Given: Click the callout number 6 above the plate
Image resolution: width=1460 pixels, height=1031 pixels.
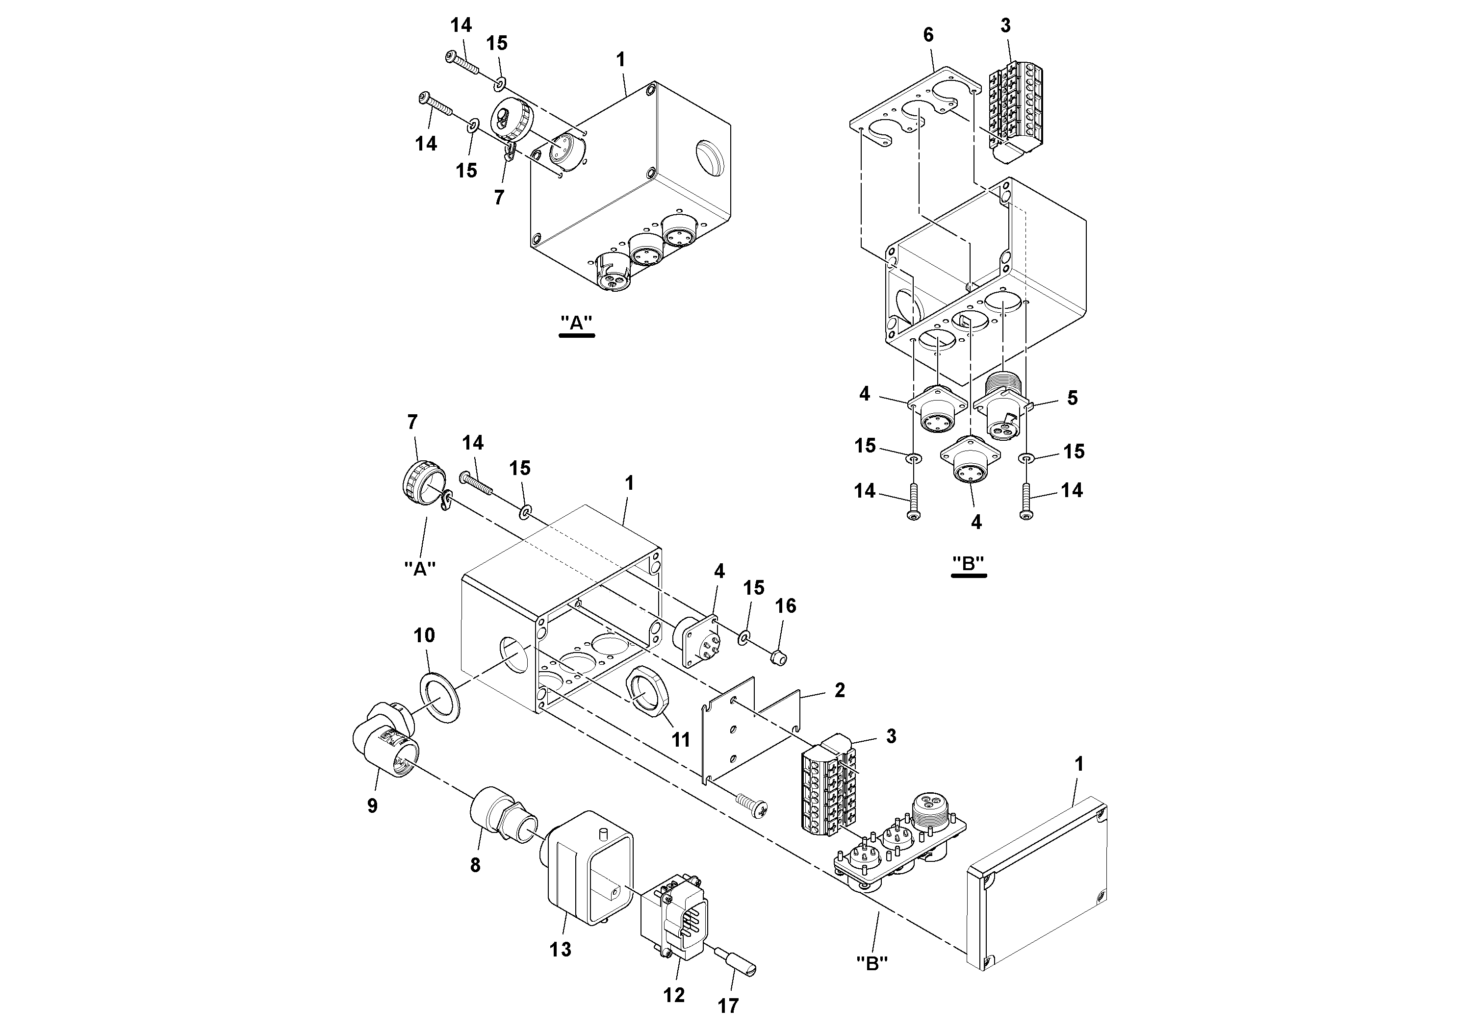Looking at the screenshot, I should click(x=928, y=36).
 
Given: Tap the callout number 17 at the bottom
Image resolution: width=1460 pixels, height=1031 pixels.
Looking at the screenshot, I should click(x=728, y=1006).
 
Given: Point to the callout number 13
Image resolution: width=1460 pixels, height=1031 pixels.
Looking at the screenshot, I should click(x=560, y=950).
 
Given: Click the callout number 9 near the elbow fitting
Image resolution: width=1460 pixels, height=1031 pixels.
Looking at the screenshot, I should click(x=373, y=806).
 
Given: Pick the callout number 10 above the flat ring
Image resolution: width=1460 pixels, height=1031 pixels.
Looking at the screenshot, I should click(x=424, y=635).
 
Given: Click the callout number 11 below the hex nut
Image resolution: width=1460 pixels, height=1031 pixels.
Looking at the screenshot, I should click(x=681, y=739).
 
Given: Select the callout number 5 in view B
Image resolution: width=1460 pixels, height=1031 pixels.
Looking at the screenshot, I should click(x=1072, y=399).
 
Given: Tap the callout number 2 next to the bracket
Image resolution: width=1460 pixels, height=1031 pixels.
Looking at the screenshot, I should click(x=840, y=690).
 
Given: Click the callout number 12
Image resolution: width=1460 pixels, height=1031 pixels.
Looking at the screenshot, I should click(x=674, y=995).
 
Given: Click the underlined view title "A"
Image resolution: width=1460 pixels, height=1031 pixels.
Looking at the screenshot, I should click(x=576, y=323).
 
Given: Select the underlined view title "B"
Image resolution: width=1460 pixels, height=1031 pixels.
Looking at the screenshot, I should click(x=969, y=564).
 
